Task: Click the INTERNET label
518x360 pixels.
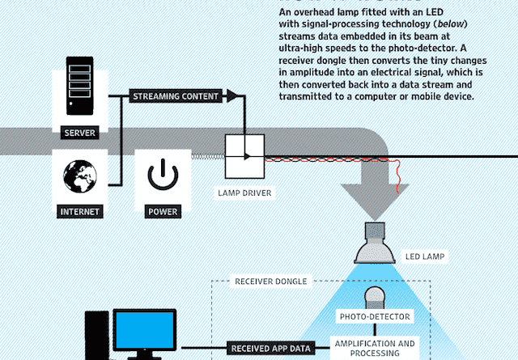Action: [80, 213]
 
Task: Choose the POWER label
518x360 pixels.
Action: [162, 213]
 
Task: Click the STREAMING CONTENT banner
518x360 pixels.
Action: [176, 96]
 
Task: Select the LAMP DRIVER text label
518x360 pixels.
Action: [244, 194]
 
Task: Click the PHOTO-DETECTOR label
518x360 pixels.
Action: [374, 316]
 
